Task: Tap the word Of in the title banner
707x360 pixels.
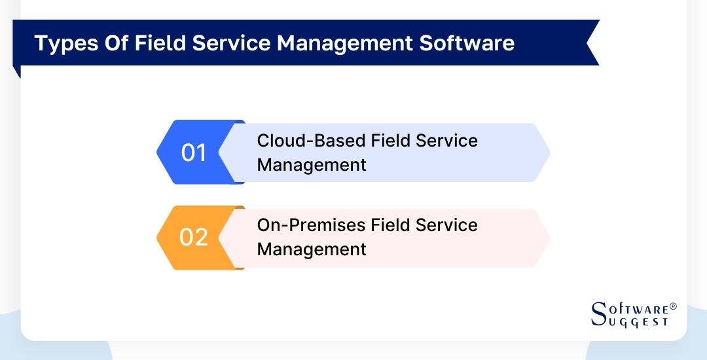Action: [115, 43]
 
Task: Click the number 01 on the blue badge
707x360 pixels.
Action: [194, 153]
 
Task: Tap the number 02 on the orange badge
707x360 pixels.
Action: [194, 237]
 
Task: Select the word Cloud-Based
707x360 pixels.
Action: [312, 141]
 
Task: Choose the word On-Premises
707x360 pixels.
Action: [312, 225]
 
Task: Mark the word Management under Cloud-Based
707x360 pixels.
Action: [312, 165]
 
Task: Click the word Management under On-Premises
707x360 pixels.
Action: [312, 249]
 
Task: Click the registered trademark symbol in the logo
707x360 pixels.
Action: [673, 306]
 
